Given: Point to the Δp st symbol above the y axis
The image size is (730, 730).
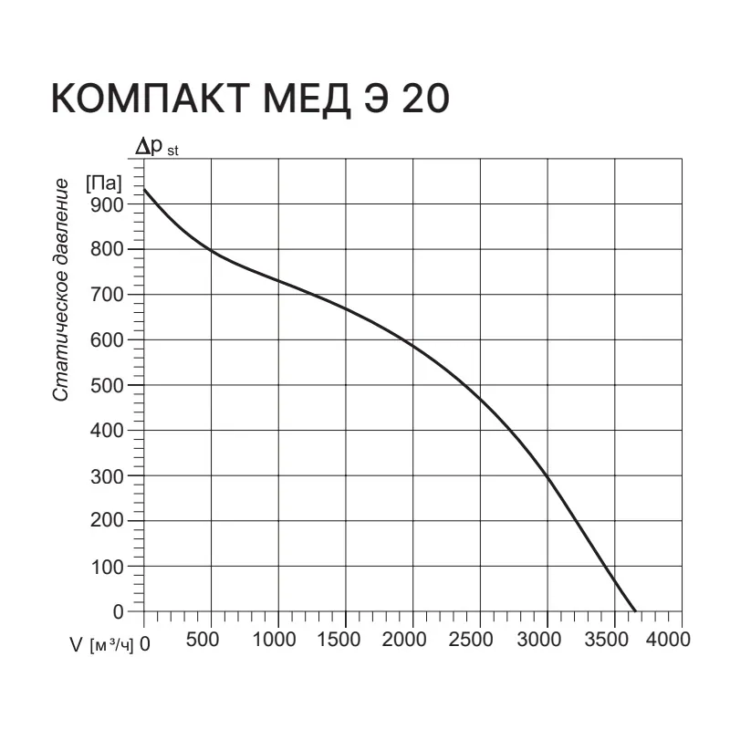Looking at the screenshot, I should [x=157, y=147].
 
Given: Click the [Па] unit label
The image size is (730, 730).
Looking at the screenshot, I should [x=104, y=182].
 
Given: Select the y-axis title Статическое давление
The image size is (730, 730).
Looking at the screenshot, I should [x=61, y=290].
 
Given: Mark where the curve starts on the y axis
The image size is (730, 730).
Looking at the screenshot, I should [x=145, y=190].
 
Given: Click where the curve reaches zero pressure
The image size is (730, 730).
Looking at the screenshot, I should [x=635, y=611].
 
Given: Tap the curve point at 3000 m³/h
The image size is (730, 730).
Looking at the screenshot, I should [x=547, y=476].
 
